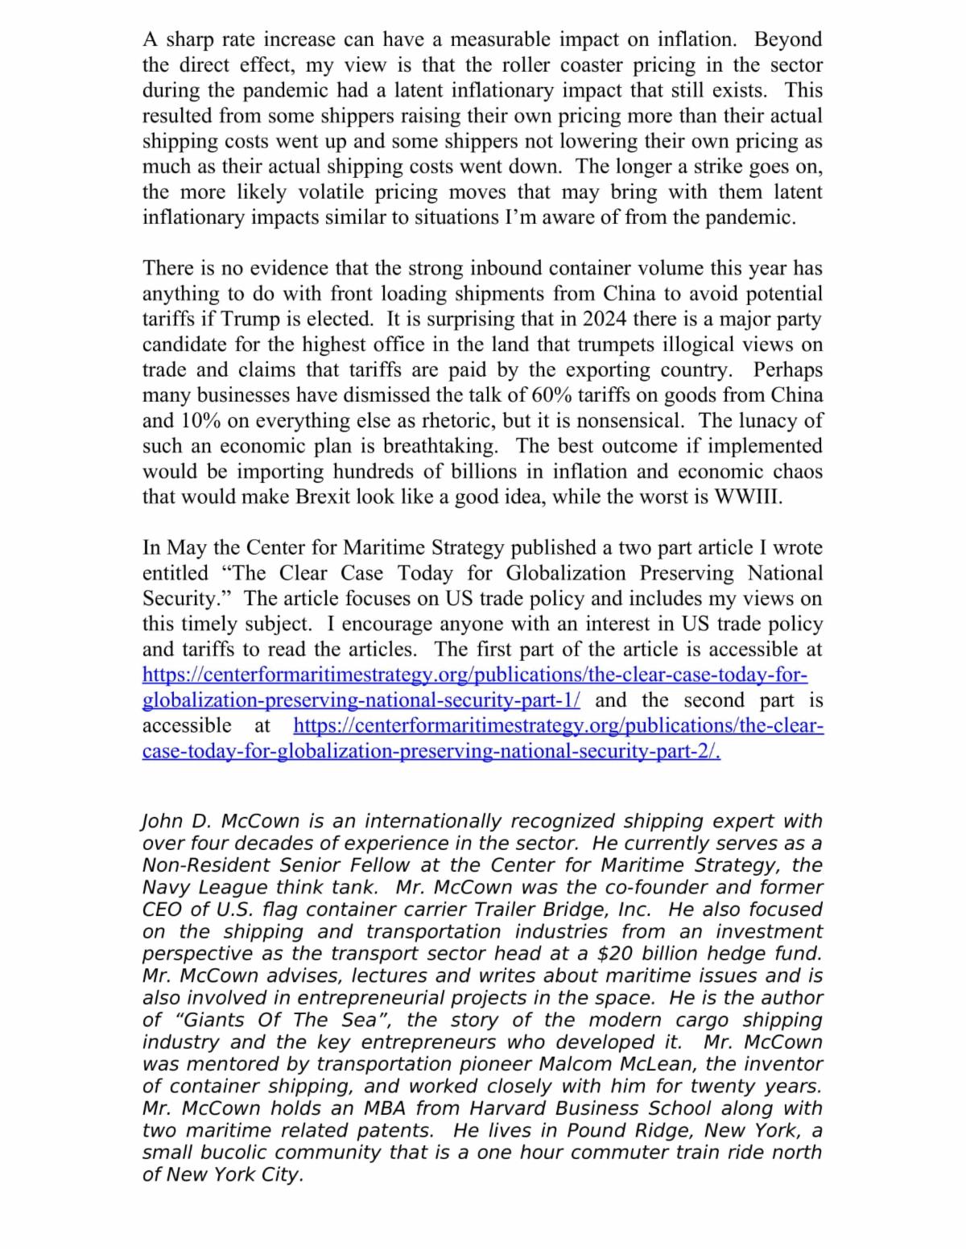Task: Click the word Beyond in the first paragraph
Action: [x=788, y=39]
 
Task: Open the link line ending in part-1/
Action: [x=361, y=700]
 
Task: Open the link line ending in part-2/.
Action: [x=431, y=751]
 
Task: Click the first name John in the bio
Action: [x=161, y=822]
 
